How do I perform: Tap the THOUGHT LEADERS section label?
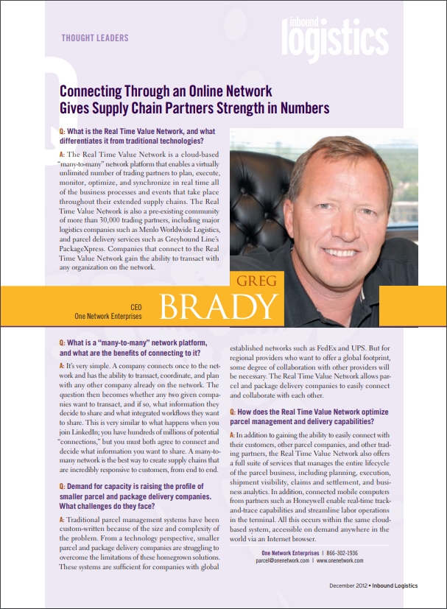pos(94,38)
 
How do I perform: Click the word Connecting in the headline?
pos(91,92)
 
